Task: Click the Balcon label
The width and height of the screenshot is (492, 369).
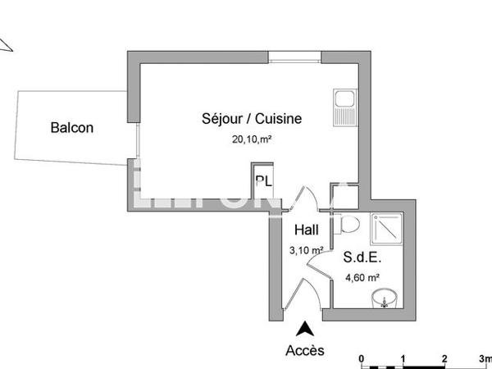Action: [x=72, y=127]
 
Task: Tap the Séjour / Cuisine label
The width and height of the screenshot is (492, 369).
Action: [x=252, y=119]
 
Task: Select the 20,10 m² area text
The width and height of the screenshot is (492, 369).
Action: [x=252, y=139]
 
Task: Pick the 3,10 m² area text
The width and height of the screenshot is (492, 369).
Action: [x=305, y=250]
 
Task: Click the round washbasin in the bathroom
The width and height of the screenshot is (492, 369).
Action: [x=382, y=298]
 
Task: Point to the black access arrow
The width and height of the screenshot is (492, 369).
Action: [x=305, y=329]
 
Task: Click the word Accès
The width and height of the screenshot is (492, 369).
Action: [x=305, y=350]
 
